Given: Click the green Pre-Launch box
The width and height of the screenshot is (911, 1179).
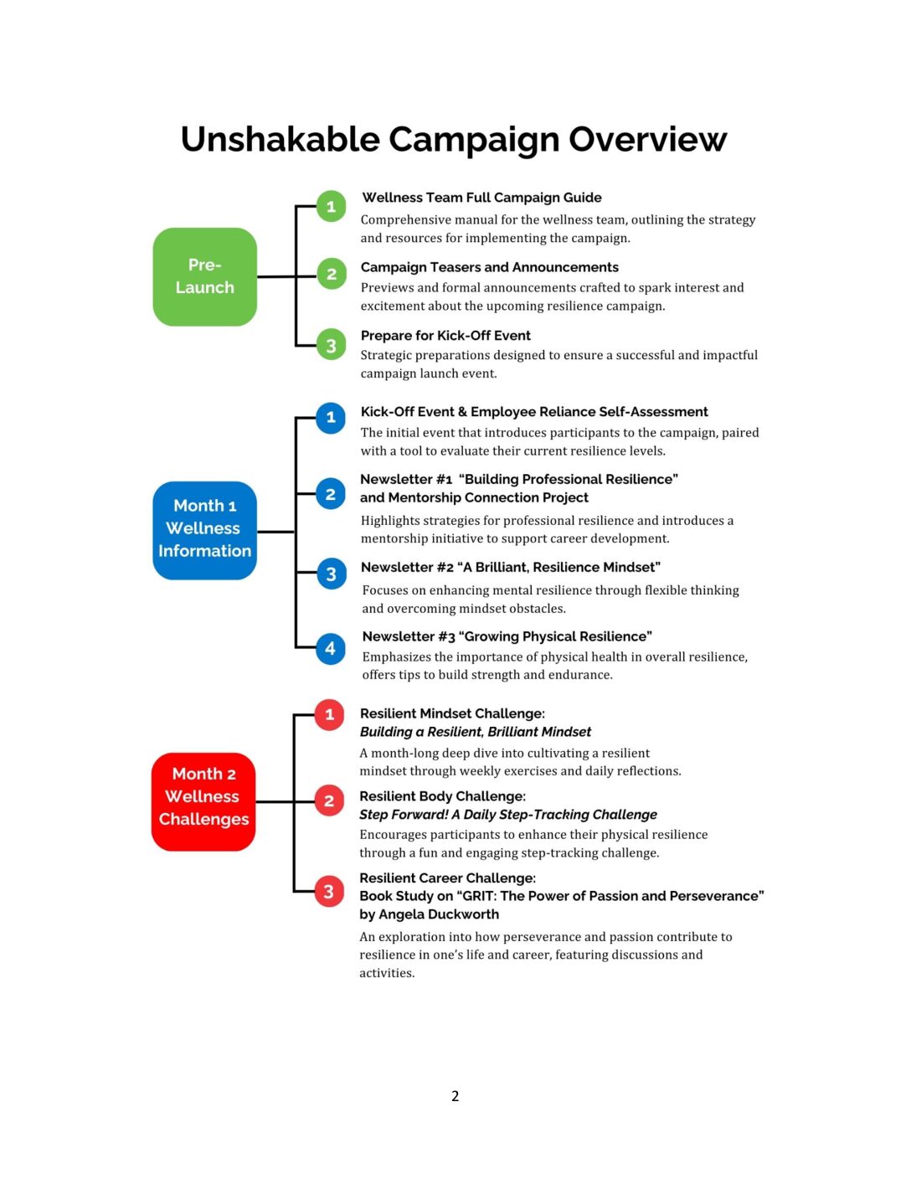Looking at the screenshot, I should [x=204, y=276].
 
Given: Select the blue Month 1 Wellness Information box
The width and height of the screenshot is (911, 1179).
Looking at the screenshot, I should [x=204, y=529].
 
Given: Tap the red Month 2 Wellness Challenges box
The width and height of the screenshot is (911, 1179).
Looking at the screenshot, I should [x=203, y=801].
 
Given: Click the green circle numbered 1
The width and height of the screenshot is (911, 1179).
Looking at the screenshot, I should [x=331, y=206].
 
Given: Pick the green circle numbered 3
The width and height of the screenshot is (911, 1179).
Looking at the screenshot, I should [x=331, y=345].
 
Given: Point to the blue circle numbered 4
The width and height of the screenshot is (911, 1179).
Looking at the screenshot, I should [x=330, y=648].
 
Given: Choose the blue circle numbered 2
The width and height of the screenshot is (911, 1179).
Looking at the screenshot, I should [x=330, y=494].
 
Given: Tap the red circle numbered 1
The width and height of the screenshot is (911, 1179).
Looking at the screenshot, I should [x=329, y=714].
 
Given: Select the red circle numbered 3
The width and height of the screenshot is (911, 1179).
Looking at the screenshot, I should [x=328, y=892].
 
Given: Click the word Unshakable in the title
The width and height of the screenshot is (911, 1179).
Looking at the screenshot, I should [x=281, y=139].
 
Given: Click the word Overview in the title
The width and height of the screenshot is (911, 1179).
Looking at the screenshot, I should [x=647, y=139].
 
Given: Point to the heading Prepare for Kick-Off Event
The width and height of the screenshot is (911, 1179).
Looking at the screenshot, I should [x=445, y=336].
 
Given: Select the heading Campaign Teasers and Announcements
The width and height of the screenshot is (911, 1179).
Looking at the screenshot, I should [x=489, y=267].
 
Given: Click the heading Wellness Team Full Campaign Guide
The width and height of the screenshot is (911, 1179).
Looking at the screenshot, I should [x=481, y=198].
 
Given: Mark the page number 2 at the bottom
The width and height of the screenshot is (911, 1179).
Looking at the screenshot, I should [x=455, y=1096].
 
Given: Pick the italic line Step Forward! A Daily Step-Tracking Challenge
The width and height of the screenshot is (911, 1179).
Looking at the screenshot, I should [x=507, y=815].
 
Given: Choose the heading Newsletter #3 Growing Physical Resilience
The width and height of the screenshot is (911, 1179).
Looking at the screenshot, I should [x=507, y=636].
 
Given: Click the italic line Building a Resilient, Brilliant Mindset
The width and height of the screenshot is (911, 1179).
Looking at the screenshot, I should [x=475, y=732].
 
